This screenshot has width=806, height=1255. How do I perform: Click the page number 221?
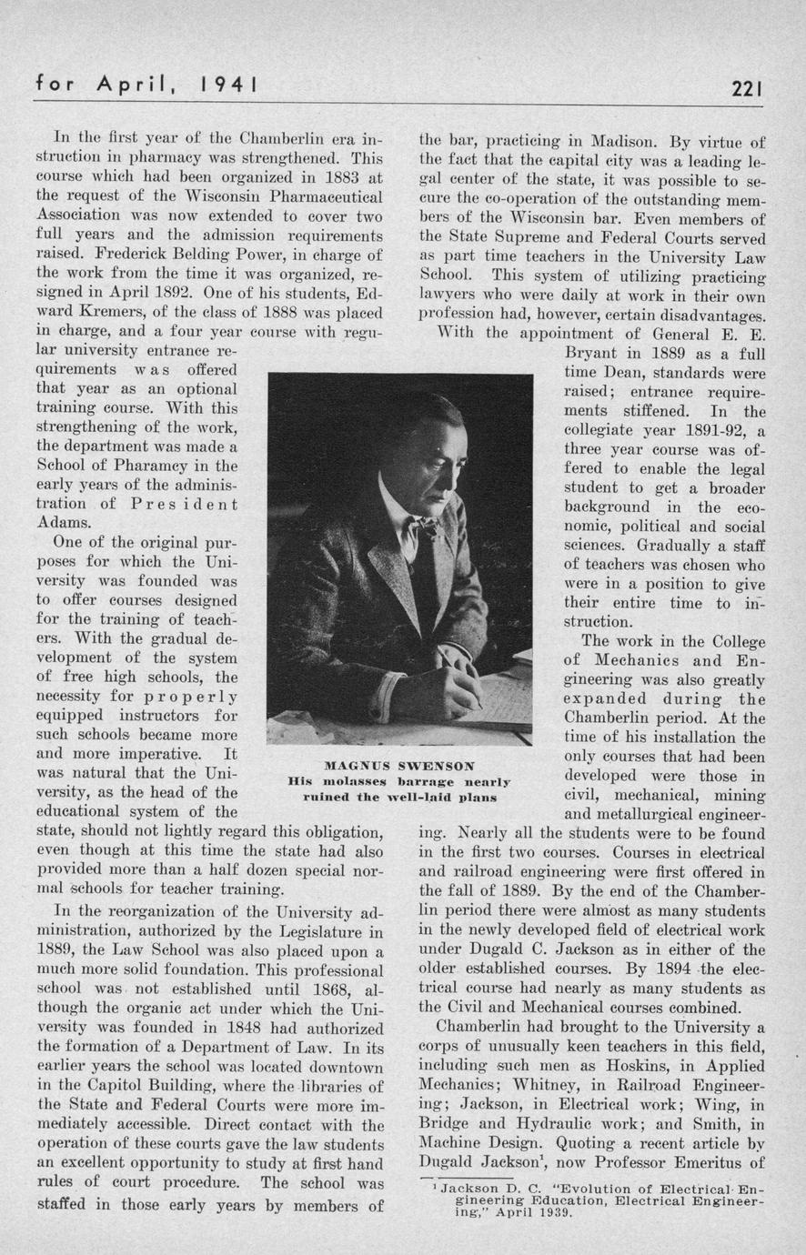pyautogui.click(x=746, y=88)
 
